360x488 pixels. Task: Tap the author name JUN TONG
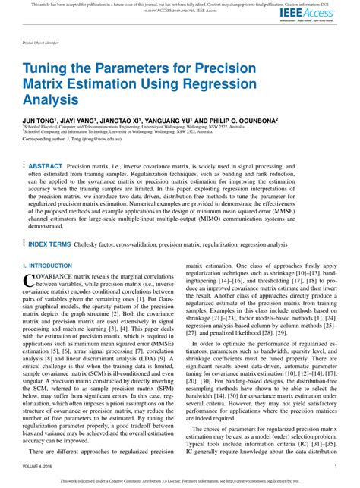[38, 120]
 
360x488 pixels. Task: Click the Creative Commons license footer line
[180, 481]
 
